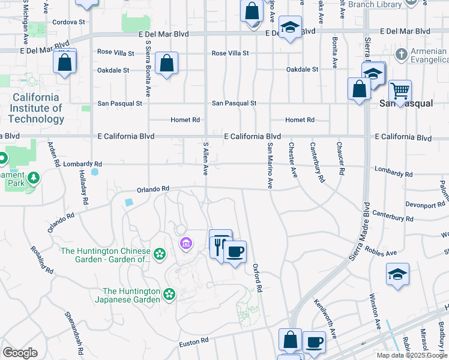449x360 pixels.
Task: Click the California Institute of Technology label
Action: (36, 108)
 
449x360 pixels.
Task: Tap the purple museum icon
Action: (186, 243)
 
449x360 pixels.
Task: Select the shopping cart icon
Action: (400, 91)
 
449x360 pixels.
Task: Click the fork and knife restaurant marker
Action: (220, 243)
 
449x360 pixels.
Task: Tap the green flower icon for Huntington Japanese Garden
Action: (170, 294)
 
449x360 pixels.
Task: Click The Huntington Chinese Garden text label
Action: (106, 255)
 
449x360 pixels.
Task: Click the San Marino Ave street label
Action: (271, 166)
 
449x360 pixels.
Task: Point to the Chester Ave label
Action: (293, 160)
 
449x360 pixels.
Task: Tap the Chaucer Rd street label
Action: (340, 158)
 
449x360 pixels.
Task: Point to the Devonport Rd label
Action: (424, 205)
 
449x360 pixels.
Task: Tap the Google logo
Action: (20, 353)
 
